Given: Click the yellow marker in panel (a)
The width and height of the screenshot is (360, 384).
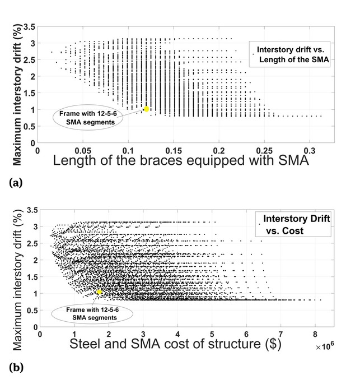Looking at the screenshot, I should tap(147, 109).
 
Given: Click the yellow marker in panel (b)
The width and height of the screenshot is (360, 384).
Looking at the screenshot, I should tap(99, 292).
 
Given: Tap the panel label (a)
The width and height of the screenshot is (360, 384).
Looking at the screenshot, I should tap(10, 182).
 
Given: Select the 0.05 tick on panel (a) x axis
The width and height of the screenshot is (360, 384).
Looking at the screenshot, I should tap(83, 151).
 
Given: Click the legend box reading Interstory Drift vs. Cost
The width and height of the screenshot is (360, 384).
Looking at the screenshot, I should tap(291, 224).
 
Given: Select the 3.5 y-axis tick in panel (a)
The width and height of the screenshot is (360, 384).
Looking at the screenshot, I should tap(29, 27).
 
